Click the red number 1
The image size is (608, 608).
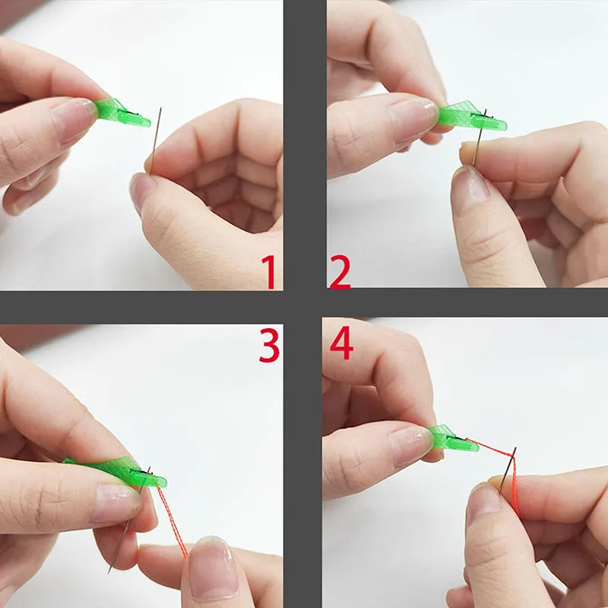[x=268, y=272]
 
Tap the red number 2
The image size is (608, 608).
[x=340, y=272]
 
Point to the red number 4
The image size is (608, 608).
[x=341, y=345]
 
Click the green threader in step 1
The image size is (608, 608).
[x=122, y=113]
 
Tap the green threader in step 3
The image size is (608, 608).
[x=122, y=471]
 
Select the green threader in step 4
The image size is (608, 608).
[x=454, y=439]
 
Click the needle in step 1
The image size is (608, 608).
[x=155, y=137]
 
